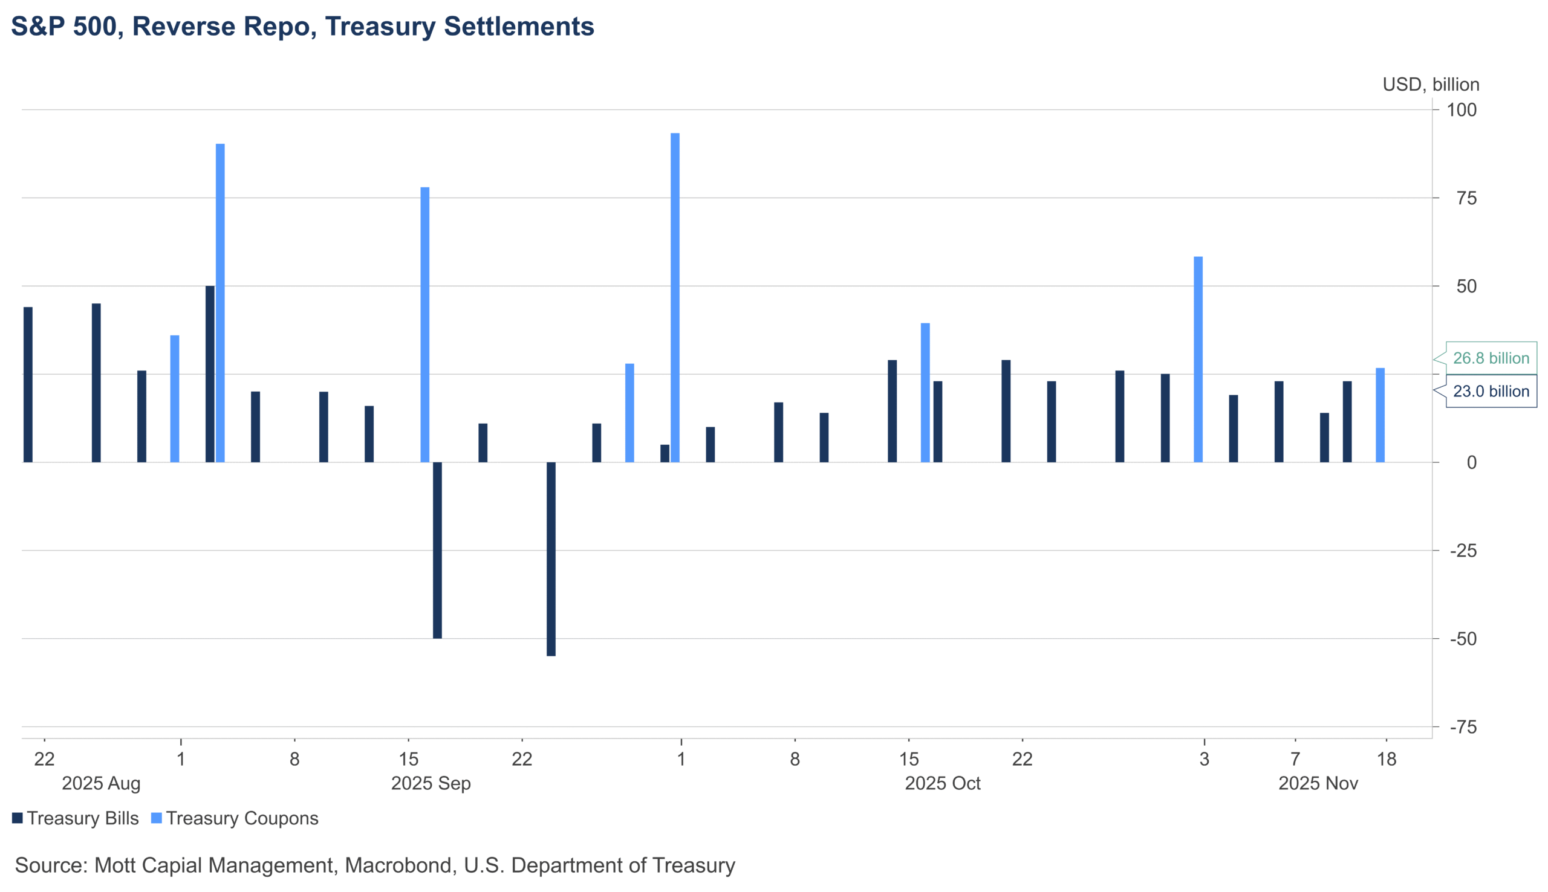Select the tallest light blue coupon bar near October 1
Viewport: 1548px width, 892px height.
coord(675,297)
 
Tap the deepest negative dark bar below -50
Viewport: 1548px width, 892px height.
coord(551,559)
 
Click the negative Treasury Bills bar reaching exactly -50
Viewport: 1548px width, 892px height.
coord(437,549)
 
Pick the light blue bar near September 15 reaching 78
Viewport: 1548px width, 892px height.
coord(424,325)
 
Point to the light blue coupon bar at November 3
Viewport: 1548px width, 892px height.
coord(1198,359)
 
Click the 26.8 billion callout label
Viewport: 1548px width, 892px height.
coord(1491,358)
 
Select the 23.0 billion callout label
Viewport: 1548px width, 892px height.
coord(1491,391)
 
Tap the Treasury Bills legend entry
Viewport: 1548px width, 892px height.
coord(76,818)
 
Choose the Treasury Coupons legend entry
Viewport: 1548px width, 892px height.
coord(235,818)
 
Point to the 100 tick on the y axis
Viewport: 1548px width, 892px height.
coord(1462,110)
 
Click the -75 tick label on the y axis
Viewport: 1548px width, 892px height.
coord(1463,727)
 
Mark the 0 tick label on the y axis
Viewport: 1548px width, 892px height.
coord(1471,462)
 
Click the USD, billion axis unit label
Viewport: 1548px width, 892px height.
coord(1430,85)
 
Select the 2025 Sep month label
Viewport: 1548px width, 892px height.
coord(431,783)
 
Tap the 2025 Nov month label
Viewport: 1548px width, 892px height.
coord(1318,783)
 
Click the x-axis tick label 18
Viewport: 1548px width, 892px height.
coord(1386,760)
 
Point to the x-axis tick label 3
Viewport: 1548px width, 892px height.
coord(1204,760)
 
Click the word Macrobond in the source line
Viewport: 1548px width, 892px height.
coord(400,865)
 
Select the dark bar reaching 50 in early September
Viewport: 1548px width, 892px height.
coord(210,373)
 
